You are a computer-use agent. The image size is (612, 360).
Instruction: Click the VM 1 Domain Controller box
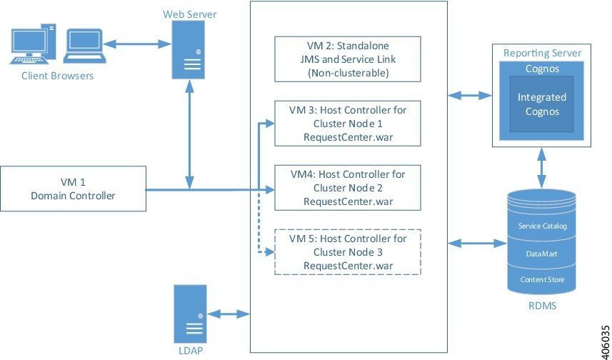click(74, 189)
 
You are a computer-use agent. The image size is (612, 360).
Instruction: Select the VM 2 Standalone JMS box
click(348, 59)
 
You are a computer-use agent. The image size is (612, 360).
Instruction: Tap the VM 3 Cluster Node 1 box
click(348, 124)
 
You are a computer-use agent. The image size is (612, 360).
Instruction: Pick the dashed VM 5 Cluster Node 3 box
click(348, 252)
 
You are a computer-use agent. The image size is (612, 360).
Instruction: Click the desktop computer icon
click(35, 45)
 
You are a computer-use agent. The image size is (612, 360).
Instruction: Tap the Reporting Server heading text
click(542, 53)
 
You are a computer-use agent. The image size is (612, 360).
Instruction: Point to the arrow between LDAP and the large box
click(228, 313)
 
